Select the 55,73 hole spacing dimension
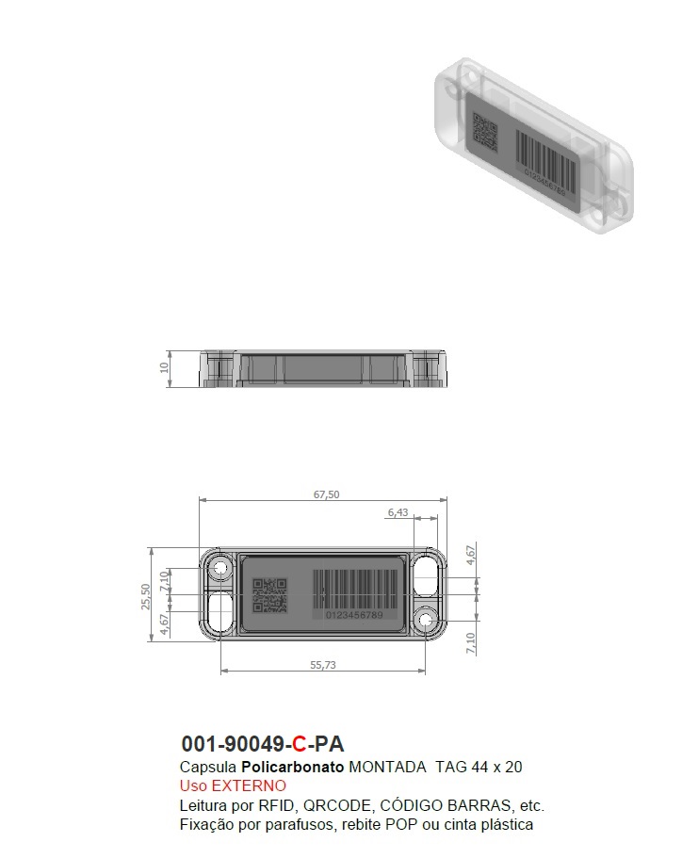pyautogui.click(x=324, y=664)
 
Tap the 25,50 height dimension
pyautogui.click(x=146, y=595)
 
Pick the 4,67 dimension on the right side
pyautogui.click(x=472, y=553)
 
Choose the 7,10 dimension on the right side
pyautogui.click(x=472, y=643)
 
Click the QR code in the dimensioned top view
pyautogui.click(x=269, y=595)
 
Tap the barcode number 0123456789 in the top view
pyautogui.click(x=354, y=615)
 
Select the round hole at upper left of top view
pyautogui.click(x=222, y=568)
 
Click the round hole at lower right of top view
pyautogui.click(x=426, y=621)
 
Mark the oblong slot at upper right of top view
pyautogui.click(x=426, y=571)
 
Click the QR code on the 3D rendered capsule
pyautogui.click(x=485, y=133)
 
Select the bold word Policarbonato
pyautogui.click(x=293, y=767)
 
